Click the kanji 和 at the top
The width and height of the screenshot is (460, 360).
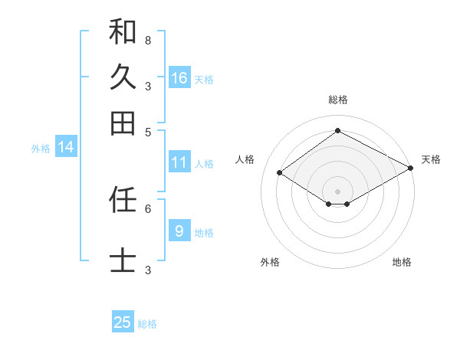[123, 31]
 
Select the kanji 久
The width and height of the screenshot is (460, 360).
[123, 77]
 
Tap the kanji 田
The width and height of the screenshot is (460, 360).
[123, 123]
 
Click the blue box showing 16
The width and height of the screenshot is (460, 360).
[179, 78]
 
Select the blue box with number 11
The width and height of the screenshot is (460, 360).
[179, 162]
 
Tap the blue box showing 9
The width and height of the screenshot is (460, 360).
[179, 231]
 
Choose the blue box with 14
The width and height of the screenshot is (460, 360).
[66, 147]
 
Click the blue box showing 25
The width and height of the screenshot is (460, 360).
[123, 322]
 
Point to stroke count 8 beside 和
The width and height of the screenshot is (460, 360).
[148, 40]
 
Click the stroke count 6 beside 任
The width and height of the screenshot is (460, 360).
[148, 208]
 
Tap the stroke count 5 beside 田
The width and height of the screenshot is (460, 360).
[148, 131]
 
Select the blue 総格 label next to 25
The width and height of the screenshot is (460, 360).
[147, 324]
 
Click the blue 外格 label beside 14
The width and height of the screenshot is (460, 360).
[41, 149]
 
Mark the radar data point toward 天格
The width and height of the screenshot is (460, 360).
[411, 169]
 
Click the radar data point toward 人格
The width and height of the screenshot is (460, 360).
[280, 173]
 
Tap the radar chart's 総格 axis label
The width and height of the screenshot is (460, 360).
[338, 100]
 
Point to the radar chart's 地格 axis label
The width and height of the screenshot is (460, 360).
[402, 262]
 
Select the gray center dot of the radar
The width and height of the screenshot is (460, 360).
[338, 191]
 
